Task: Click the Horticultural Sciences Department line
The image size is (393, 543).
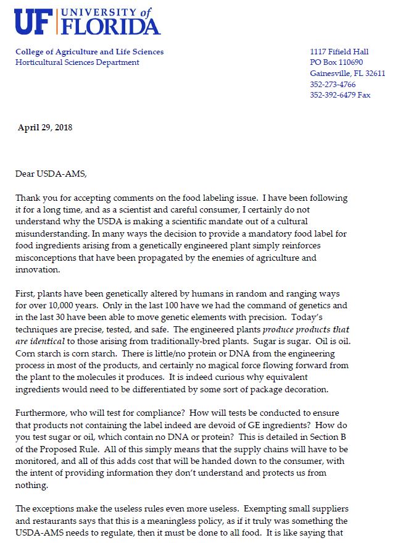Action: tap(77, 62)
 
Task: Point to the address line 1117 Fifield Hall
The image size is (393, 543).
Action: tap(339, 52)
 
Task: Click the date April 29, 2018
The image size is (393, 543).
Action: tap(45, 128)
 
